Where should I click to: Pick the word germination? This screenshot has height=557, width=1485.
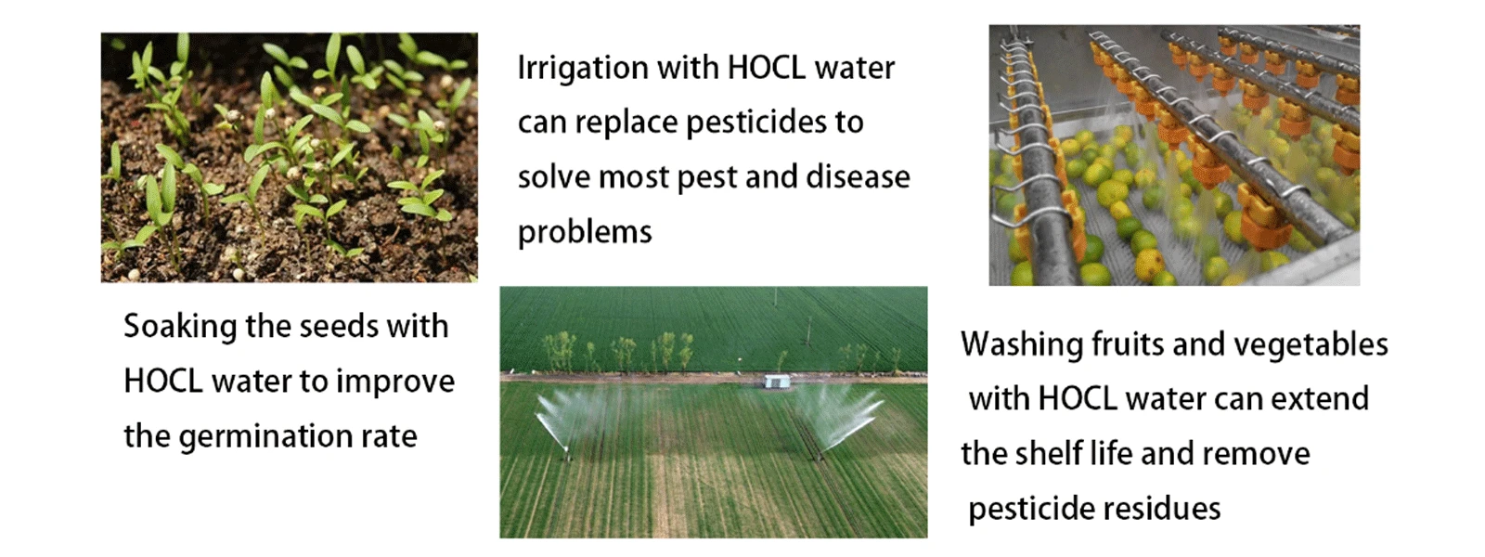click(x=265, y=437)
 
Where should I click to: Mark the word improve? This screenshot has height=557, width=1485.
click(x=395, y=382)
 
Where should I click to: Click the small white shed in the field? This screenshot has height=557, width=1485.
click(x=776, y=382)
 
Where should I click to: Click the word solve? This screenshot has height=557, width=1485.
click(x=553, y=177)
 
